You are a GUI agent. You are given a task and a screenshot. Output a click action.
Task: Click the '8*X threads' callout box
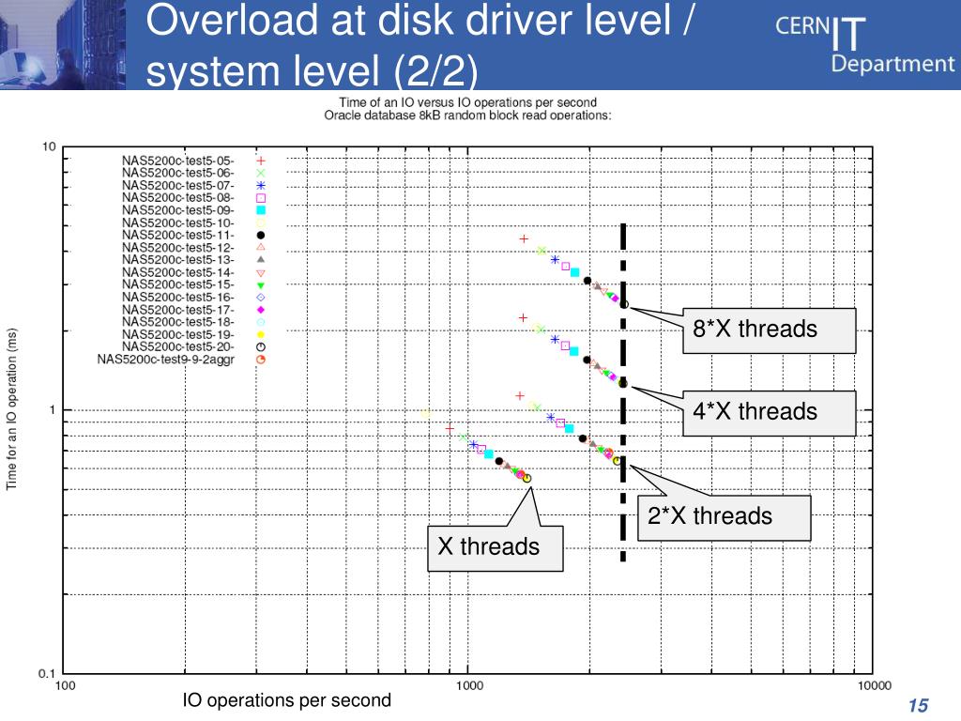(x=769, y=330)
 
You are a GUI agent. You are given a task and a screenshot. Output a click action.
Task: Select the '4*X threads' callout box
(x=769, y=412)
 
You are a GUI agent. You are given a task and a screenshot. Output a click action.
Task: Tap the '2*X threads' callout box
(x=724, y=516)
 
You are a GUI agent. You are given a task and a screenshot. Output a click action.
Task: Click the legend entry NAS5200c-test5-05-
(x=178, y=161)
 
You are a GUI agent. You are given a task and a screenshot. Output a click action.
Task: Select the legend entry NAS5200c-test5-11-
(x=178, y=235)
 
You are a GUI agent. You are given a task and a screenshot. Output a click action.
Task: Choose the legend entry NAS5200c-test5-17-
(x=178, y=309)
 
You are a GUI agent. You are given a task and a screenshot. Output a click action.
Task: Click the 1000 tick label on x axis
(x=469, y=687)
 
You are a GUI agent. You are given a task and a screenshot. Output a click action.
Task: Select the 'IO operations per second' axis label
(x=286, y=701)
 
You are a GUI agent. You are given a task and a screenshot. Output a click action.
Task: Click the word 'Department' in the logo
(x=892, y=64)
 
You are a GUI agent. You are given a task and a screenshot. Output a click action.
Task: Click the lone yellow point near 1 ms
(x=426, y=413)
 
